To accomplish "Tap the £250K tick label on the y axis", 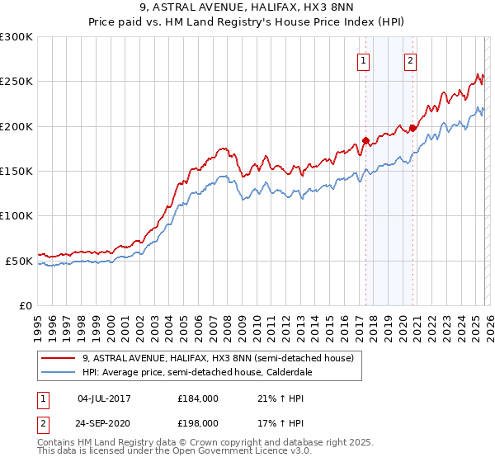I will (x=16, y=82).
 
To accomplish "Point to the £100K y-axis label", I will (x=16, y=216).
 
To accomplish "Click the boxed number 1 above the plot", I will (x=364, y=59).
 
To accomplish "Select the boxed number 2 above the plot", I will (x=410, y=59).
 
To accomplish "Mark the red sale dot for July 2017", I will (x=365, y=141).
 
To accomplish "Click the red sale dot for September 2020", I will (x=412, y=128).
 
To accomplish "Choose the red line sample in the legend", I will (x=58, y=358).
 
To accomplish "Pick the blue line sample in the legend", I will (x=58, y=372).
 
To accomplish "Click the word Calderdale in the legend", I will (x=280, y=372).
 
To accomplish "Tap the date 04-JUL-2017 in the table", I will (x=109, y=398).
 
